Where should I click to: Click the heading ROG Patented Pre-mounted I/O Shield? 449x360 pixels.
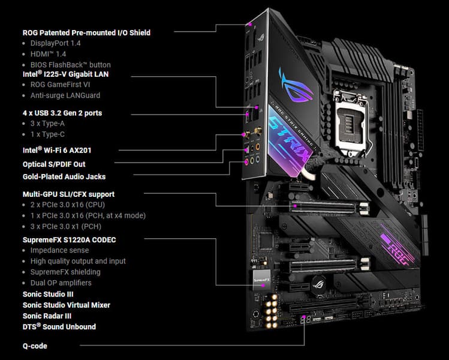pyautogui.click(x=86, y=32)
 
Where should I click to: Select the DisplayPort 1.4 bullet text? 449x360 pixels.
pyautogui.click(x=56, y=43)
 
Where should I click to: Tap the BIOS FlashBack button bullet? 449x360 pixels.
pyautogui.click(x=71, y=65)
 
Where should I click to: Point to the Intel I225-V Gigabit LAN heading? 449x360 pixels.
pyautogui.click(x=65, y=74)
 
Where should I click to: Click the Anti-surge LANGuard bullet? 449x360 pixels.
pyautogui.click(x=65, y=95)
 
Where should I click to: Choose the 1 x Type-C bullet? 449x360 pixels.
pyautogui.click(x=47, y=134)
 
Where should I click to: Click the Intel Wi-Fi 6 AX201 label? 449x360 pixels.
pyautogui.click(x=57, y=150)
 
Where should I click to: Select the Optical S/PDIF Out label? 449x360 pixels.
pyautogui.click(x=54, y=164)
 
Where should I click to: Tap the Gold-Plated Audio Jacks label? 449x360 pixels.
pyautogui.click(x=64, y=176)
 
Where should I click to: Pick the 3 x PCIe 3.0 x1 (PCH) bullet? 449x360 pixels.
pyautogui.click(x=66, y=226)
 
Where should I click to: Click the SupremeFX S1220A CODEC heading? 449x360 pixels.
pyautogui.click(x=70, y=239)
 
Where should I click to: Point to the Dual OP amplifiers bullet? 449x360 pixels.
pyautogui.click(x=61, y=283)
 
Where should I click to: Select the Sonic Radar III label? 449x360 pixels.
pyautogui.click(x=47, y=316)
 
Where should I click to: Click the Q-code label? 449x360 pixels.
pyautogui.click(x=35, y=346)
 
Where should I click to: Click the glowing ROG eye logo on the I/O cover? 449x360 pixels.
pyautogui.click(x=295, y=85)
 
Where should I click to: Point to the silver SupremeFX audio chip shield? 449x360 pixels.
pyautogui.click(x=262, y=280)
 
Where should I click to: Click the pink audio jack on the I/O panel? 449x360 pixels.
pyautogui.click(x=246, y=162)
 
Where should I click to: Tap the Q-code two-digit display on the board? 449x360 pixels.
pyautogui.click(x=306, y=320)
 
